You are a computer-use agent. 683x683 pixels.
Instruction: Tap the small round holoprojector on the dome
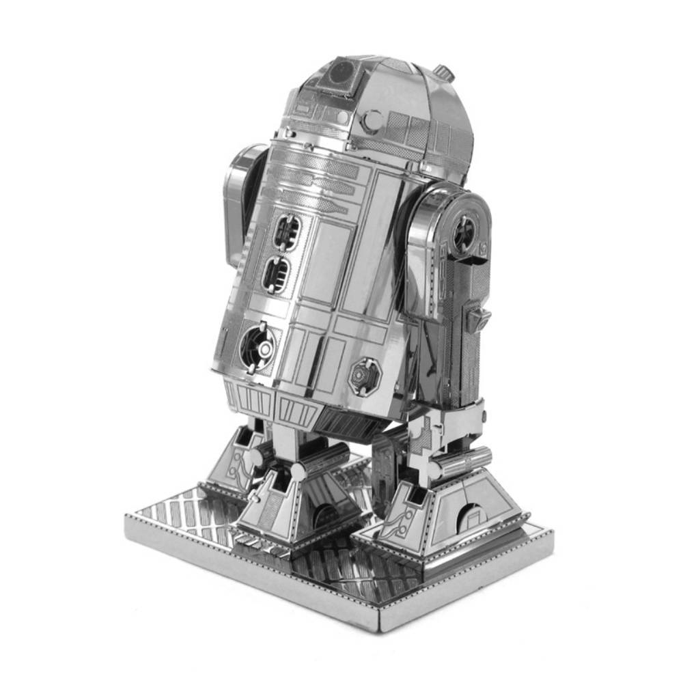coord(372,121)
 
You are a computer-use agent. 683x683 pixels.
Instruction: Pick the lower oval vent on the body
coord(276,275)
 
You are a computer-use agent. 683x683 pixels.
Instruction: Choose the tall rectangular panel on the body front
coord(372,260)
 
